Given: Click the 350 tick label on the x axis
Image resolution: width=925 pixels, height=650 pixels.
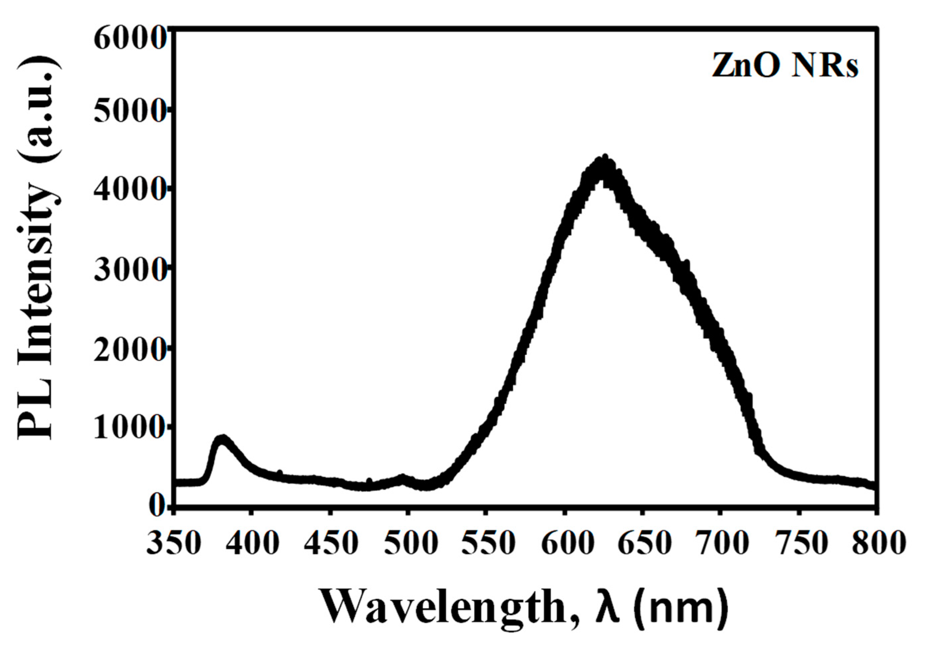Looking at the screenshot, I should [173, 543].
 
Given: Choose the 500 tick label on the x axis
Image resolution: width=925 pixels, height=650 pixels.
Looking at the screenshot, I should [410, 543].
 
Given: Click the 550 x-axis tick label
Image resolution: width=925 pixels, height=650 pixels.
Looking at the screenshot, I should [488, 543].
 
